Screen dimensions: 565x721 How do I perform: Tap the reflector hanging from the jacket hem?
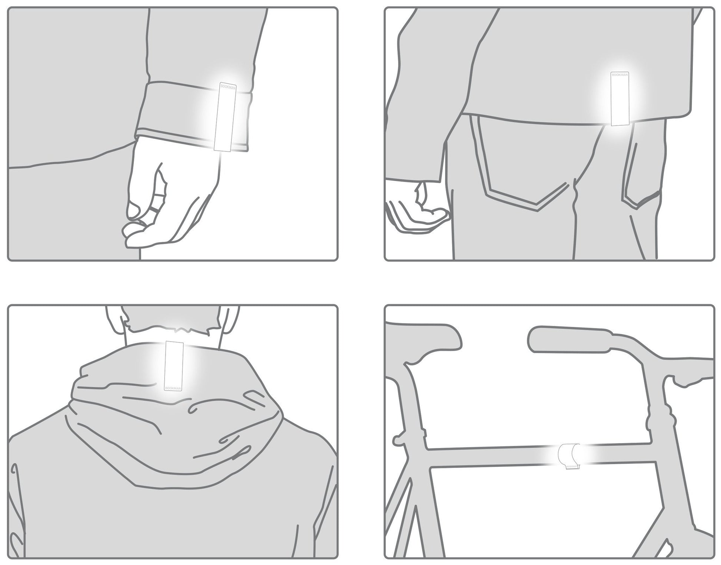tap(620, 99)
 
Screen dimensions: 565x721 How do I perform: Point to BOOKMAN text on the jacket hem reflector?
tap(620, 74)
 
